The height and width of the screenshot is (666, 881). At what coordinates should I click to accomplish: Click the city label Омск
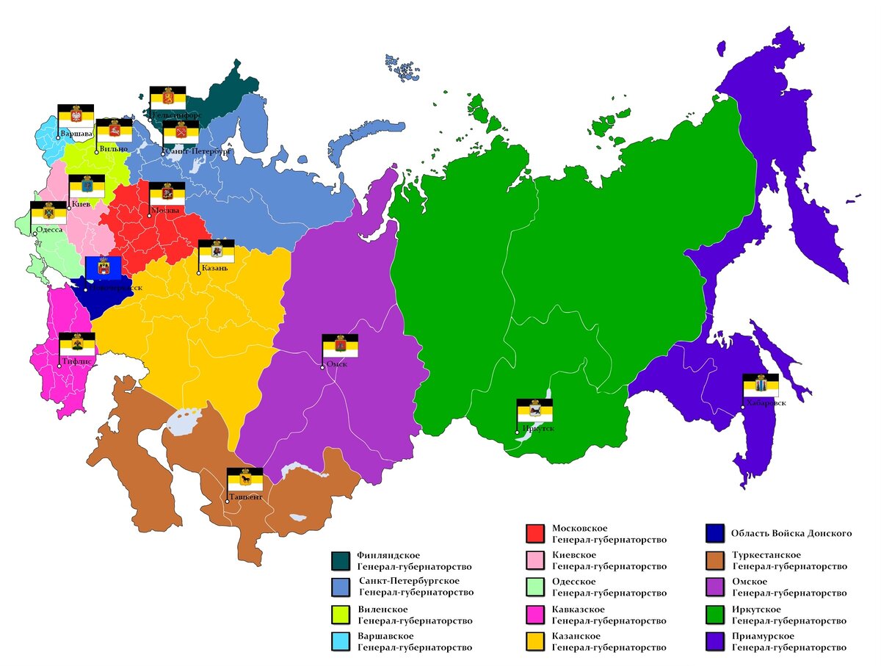[337, 364]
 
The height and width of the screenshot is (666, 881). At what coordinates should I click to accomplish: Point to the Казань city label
[214, 268]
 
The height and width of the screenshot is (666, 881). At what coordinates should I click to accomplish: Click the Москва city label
[165, 211]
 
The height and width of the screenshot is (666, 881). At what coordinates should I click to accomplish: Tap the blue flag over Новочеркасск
[104, 269]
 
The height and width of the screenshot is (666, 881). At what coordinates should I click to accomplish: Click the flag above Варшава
[76, 115]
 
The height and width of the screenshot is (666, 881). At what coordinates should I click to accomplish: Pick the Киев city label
[80, 204]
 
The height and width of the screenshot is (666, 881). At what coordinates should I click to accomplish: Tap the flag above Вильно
[115, 130]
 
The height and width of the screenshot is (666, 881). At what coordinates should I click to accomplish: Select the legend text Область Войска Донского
[791, 533]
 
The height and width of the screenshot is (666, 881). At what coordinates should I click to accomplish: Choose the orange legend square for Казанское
[535, 641]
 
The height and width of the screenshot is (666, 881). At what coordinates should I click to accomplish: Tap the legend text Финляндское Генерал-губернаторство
[414, 561]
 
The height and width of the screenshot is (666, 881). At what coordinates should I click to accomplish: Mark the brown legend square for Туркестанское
[714, 561]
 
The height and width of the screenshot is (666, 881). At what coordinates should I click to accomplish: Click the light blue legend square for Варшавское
[340, 641]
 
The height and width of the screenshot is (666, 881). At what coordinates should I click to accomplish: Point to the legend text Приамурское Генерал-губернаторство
[789, 641]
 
